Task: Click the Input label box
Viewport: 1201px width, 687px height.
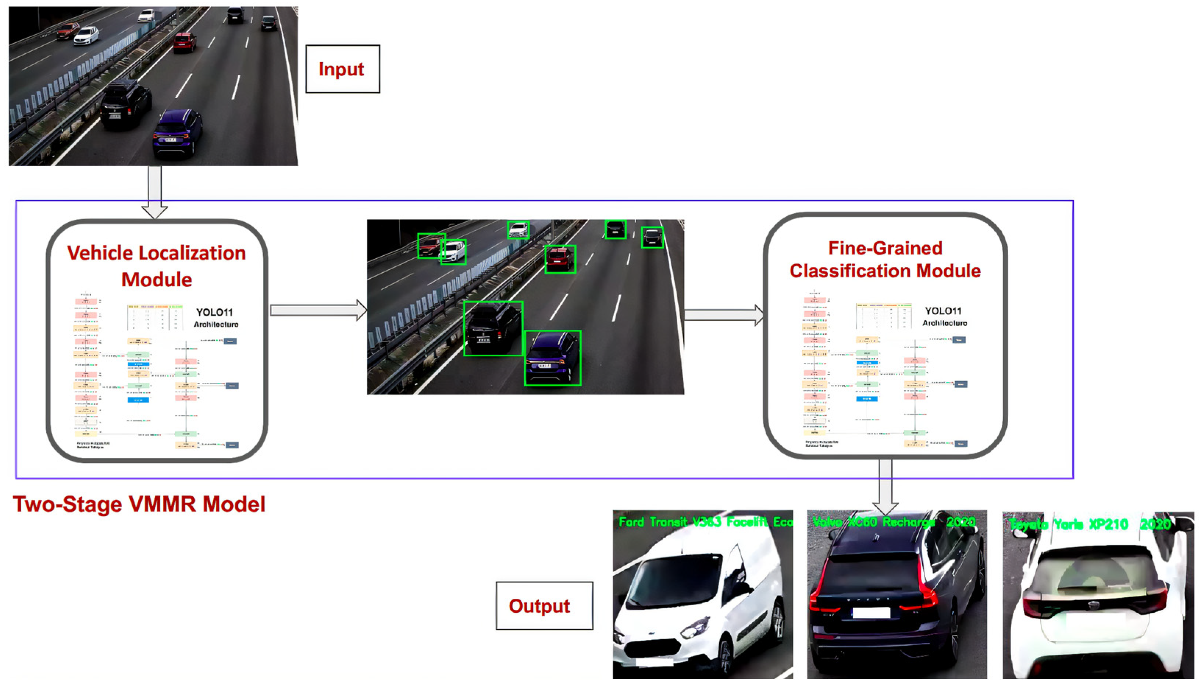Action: [x=342, y=69]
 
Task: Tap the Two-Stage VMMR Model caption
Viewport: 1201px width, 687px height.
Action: [x=139, y=504]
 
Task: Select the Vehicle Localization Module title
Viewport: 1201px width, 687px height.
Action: [x=157, y=266]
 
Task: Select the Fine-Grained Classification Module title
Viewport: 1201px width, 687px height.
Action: [x=885, y=259]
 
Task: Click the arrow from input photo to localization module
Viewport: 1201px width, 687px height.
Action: [x=155, y=191]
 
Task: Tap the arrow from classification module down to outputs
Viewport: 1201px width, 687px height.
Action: [x=885, y=486]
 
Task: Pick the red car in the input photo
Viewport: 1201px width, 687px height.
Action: [x=184, y=42]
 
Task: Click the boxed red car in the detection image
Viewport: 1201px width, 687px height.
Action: [x=560, y=259]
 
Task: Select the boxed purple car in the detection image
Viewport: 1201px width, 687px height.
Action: [x=553, y=358]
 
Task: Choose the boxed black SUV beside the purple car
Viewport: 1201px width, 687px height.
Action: [x=493, y=328]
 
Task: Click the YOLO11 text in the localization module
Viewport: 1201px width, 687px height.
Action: [x=214, y=312]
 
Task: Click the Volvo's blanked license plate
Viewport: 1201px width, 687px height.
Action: [x=871, y=612]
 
